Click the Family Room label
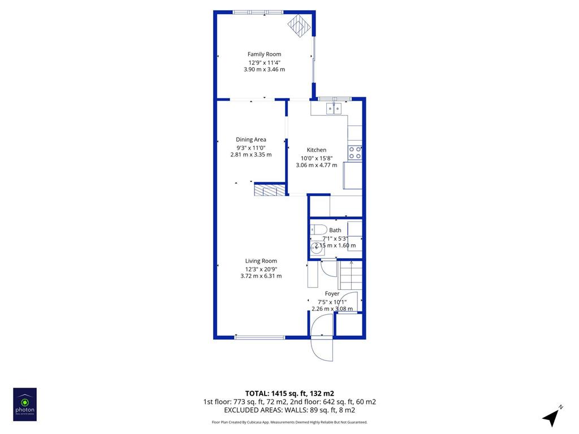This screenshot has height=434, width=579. (264, 54)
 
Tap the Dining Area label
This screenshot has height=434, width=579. (250, 140)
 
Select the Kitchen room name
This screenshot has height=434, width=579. (317, 150)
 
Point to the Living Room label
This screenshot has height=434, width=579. (261, 261)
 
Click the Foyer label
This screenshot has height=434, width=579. (332, 294)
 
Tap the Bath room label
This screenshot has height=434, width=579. (335, 231)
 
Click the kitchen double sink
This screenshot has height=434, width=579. (334, 108)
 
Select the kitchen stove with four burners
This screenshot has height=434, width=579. (355, 153)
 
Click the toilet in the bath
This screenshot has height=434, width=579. (318, 229)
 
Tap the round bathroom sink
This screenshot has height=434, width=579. (317, 248)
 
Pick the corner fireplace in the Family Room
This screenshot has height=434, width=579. (300, 25)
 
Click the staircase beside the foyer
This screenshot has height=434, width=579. (350, 275)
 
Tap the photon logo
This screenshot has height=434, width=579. (25, 405)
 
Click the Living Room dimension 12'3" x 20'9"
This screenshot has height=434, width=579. (261, 270)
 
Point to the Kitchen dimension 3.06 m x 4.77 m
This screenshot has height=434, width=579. (317, 165)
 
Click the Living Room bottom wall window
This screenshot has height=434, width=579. (260, 337)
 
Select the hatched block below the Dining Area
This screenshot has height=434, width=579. (270, 189)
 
